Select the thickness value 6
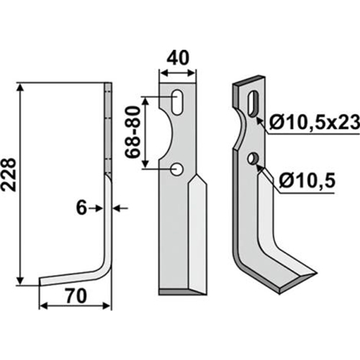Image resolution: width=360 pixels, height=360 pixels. [x=81, y=208]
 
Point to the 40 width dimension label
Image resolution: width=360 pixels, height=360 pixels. [x=179, y=58]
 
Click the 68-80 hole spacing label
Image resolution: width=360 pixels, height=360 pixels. [x=132, y=132]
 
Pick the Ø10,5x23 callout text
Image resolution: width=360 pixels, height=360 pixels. [x=314, y=123]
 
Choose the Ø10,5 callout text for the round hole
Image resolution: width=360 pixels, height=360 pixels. [x=307, y=181]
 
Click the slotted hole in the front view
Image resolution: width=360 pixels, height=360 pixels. [x=178, y=102]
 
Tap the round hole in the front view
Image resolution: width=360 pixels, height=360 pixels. [x=177, y=169]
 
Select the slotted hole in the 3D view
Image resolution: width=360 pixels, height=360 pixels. [x=253, y=104]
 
